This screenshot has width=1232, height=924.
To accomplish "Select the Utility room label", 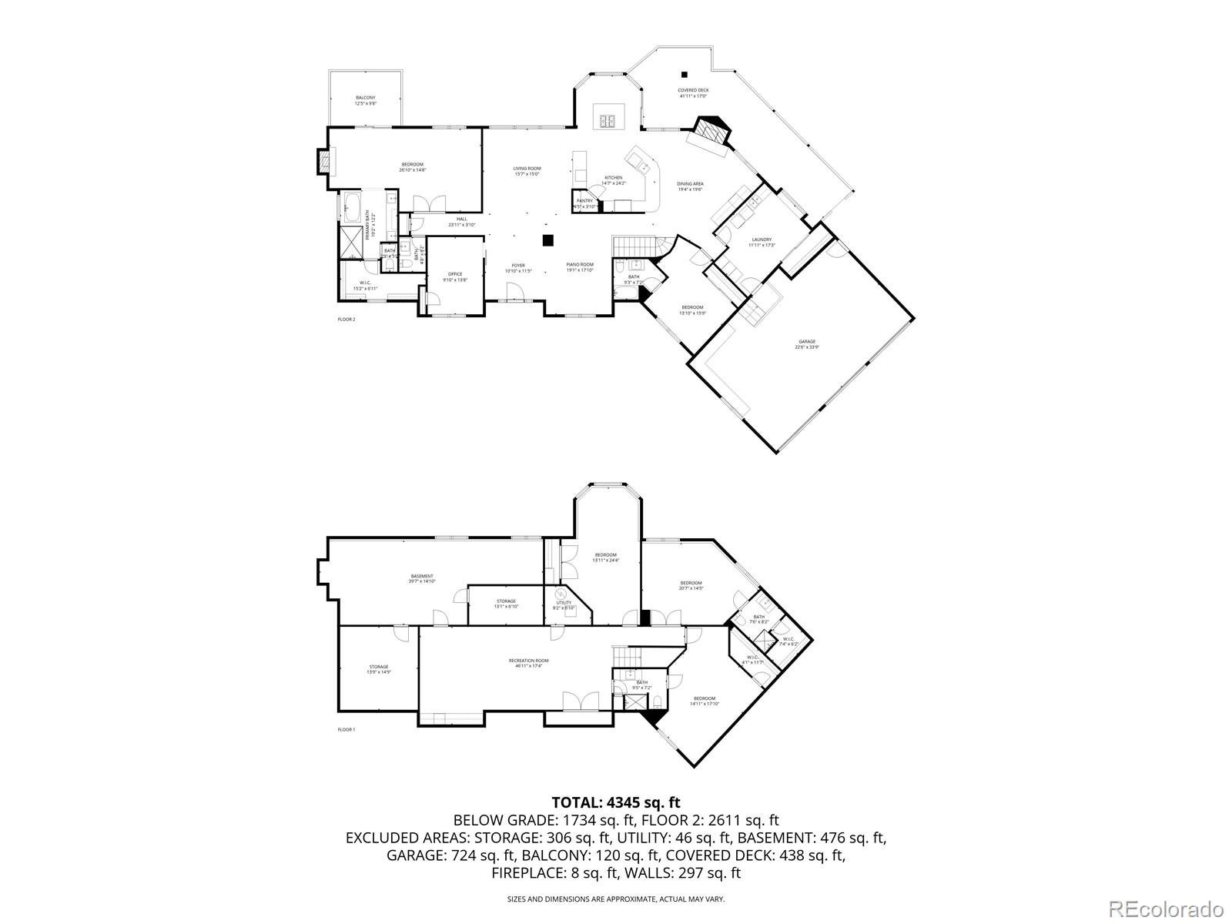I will coord(564,604).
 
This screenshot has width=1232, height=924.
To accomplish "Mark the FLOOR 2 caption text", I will coord(346,319).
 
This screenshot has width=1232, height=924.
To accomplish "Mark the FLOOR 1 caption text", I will coord(346,729).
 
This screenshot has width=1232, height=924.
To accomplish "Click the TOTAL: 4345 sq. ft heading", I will coord(615,802).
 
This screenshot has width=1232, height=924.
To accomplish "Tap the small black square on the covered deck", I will coord(684,75).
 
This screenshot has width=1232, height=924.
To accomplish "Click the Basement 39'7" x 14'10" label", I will coord(422,578).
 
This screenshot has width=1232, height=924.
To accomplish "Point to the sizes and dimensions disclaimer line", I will coord(615,899).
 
